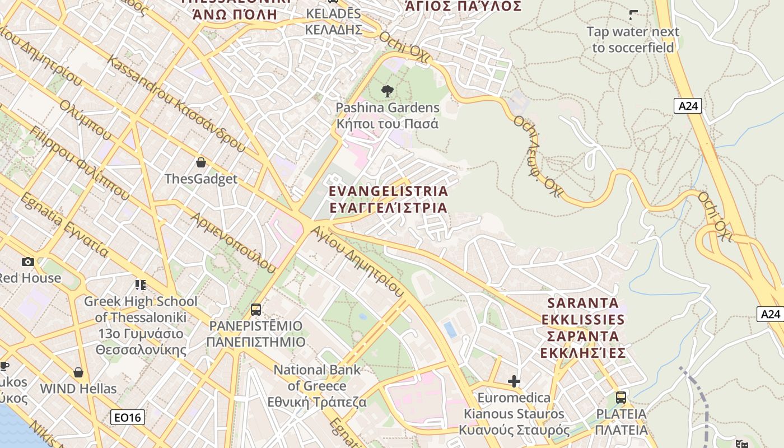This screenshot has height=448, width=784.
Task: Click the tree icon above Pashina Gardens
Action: click(387, 91)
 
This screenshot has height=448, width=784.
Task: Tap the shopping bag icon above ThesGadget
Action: click(200, 163)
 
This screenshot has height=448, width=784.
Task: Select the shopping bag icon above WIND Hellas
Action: click(78, 372)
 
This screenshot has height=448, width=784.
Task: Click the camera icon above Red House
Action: click(27, 262)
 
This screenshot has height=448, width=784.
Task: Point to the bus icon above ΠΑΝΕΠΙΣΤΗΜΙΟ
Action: click(256, 309)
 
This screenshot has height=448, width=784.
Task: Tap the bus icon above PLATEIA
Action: click(620, 398)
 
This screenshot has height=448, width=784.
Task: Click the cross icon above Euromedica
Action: click(514, 382)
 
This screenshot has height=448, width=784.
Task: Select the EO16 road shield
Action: click(127, 417)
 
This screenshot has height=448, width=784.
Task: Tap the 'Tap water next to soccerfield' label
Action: click(633, 40)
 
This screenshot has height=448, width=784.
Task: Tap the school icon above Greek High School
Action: click(140, 285)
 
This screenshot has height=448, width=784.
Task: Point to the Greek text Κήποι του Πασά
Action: click(387, 124)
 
